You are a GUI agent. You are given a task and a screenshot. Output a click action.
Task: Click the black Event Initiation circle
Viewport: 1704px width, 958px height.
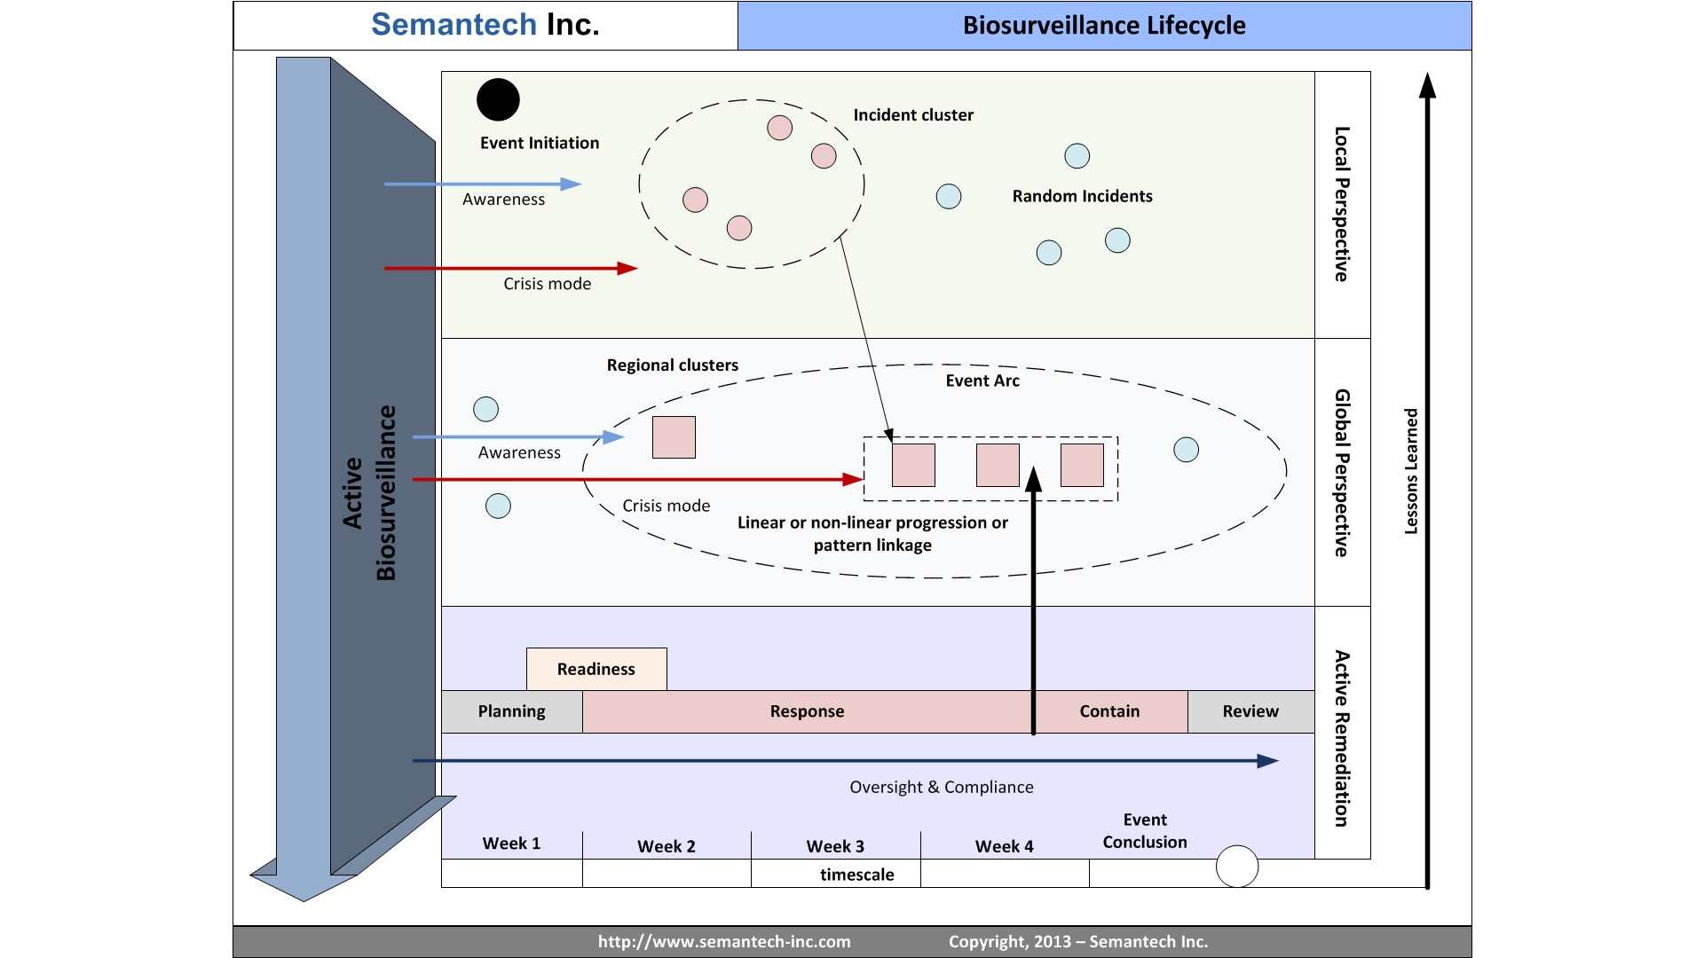coord(498,99)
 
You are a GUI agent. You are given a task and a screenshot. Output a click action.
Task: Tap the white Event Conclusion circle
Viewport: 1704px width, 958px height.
coord(1236,867)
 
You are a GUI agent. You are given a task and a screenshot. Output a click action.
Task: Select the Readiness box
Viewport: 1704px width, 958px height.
coord(596,669)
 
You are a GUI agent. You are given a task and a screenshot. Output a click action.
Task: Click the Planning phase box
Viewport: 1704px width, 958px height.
coord(511,711)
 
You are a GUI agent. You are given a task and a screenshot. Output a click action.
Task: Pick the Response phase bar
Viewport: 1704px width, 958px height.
coord(807,711)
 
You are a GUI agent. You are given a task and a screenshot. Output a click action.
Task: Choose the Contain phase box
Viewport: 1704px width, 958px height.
coord(1109,711)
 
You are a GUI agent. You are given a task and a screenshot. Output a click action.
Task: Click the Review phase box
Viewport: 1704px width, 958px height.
coord(1250,711)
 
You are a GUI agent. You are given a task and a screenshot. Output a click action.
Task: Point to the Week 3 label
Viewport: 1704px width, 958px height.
coord(835,846)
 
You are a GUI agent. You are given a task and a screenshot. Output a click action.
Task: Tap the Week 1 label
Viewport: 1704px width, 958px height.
coord(511,844)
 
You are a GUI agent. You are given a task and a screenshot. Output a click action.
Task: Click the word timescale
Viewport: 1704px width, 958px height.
coord(857,875)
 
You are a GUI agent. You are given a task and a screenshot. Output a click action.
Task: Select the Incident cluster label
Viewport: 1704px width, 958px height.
coord(913,115)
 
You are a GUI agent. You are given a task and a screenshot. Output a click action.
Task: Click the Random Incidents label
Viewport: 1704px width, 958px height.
coord(1082,196)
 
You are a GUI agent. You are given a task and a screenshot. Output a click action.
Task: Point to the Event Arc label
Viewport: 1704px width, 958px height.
coord(982,381)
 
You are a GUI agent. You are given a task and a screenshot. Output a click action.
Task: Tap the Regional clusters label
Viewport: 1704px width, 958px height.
coord(673,365)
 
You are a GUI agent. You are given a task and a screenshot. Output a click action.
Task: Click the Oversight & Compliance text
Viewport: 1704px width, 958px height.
coord(942,787)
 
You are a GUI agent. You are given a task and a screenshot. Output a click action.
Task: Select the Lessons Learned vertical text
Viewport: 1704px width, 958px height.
coord(1411,471)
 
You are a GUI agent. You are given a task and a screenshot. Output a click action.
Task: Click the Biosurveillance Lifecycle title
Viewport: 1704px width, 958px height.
coord(1104,26)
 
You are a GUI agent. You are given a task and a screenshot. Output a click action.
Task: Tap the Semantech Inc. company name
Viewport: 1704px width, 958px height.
coord(485,25)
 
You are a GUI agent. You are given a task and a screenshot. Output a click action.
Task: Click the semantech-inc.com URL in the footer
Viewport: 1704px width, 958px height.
coord(724,942)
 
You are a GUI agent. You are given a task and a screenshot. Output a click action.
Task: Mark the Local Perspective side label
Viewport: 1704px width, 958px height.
coord(1342,204)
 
